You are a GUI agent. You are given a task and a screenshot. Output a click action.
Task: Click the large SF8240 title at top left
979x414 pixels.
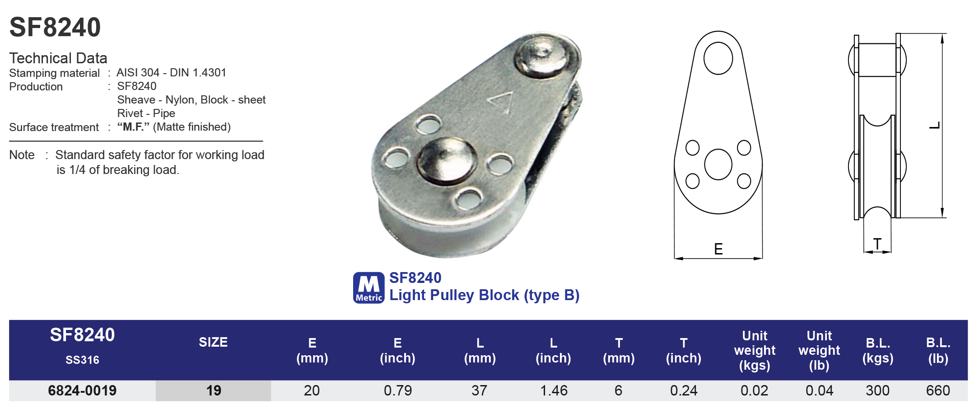coord(55,27)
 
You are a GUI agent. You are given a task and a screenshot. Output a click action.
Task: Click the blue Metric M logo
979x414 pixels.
coord(368,287)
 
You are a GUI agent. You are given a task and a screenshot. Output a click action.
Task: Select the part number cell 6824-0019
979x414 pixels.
coord(82,390)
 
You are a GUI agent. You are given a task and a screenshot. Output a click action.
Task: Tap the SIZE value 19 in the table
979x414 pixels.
coord(214,390)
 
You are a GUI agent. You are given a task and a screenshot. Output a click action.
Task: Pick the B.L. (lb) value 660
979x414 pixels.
coord(937,390)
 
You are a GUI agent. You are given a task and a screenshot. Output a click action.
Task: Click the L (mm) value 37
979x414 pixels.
coord(479,390)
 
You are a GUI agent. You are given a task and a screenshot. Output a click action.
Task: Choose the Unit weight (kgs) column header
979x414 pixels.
coord(754,350)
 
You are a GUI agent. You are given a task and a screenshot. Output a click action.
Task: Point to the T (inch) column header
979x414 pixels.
coord(683,350)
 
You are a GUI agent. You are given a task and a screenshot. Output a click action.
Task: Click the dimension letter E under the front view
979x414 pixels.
coord(718,249)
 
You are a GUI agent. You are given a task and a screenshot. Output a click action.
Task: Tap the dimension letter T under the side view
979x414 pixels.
coord(877,244)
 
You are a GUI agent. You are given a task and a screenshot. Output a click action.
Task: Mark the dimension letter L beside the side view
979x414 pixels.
coord(934,125)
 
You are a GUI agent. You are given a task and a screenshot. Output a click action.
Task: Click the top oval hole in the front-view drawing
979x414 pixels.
coord(718,58)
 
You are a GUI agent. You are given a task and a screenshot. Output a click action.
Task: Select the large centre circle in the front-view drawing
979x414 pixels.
coord(718,165)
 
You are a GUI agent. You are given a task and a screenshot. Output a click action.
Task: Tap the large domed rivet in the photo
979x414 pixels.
coord(446,160)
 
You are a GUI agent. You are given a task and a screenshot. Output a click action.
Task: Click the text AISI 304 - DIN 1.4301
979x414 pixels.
coord(171,73)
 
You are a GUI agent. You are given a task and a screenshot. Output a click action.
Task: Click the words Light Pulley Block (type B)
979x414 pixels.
coord(484,295)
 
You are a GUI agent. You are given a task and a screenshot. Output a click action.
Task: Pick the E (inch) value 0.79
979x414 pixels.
coord(397,390)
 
